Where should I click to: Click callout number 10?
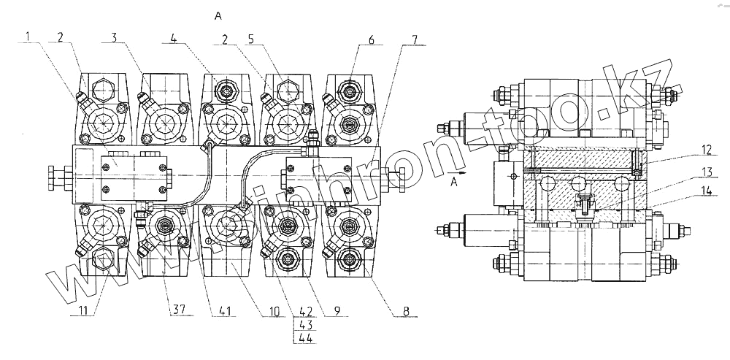(x=274, y=310)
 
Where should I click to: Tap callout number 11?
(x=85, y=310)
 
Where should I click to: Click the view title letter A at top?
(x=218, y=15)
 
